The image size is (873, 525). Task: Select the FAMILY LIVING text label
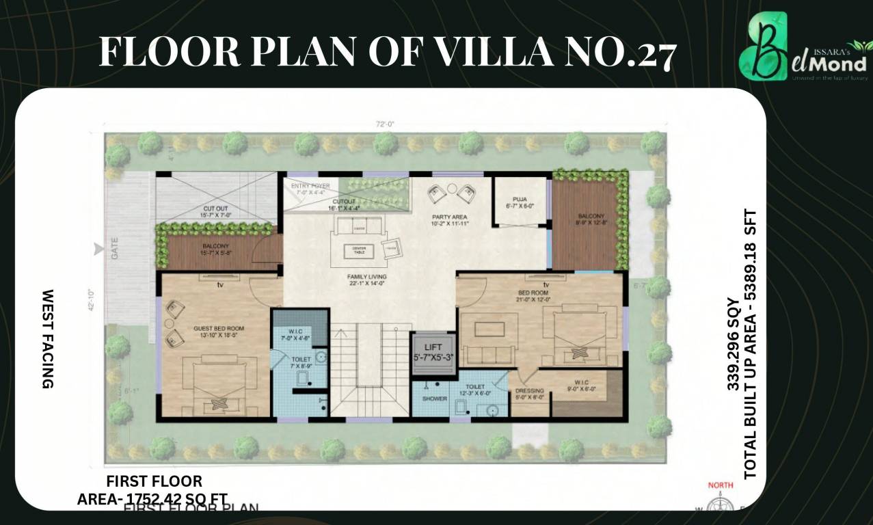[366, 276]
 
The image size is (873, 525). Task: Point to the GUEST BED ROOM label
[219, 328]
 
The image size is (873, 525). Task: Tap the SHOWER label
[434, 399]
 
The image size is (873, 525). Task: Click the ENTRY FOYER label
[310, 186]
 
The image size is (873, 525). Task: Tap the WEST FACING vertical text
[48, 339]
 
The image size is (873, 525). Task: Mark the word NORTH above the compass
[721, 485]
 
